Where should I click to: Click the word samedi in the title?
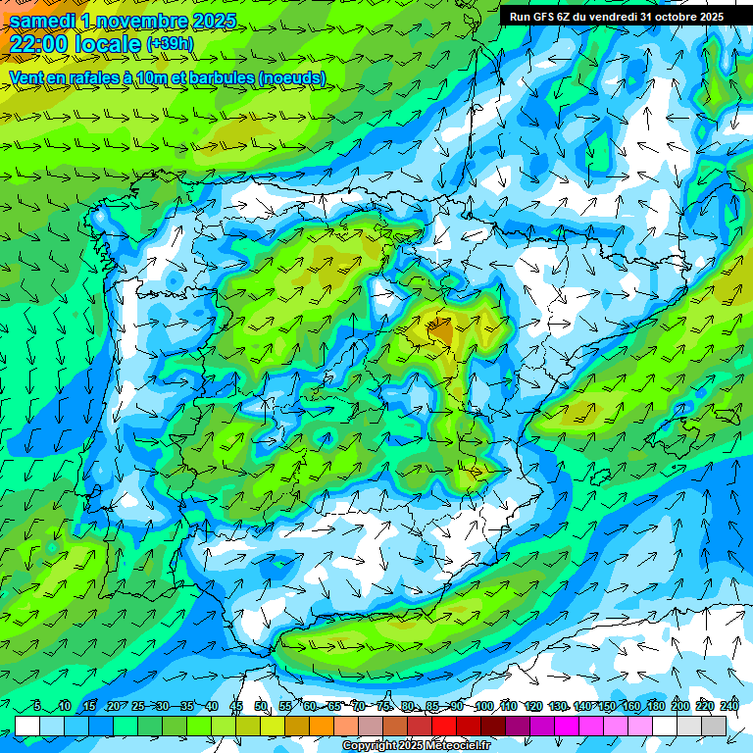(x=43, y=21)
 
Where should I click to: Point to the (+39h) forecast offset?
(x=170, y=44)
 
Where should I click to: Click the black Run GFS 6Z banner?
(x=616, y=17)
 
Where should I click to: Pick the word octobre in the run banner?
(x=669, y=17)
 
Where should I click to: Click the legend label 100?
(x=483, y=707)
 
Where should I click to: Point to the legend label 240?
(x=729, y=707)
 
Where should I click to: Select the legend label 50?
(x=261, y=707)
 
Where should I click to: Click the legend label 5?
(x=37, y=707)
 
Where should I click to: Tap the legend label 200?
(x=680, y=707)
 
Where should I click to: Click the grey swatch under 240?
(x=714, y=726)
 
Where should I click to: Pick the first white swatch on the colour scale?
(x=27, y=726)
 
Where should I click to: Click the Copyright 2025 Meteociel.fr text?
(x=417, y=746)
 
